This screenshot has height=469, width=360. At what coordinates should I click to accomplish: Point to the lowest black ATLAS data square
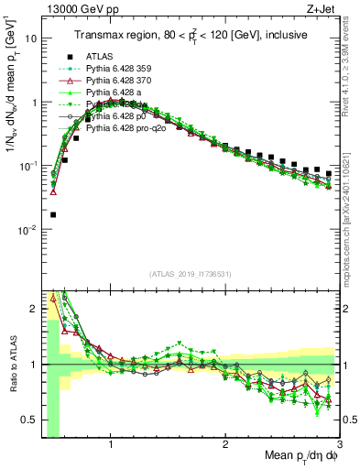coord(52,215)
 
